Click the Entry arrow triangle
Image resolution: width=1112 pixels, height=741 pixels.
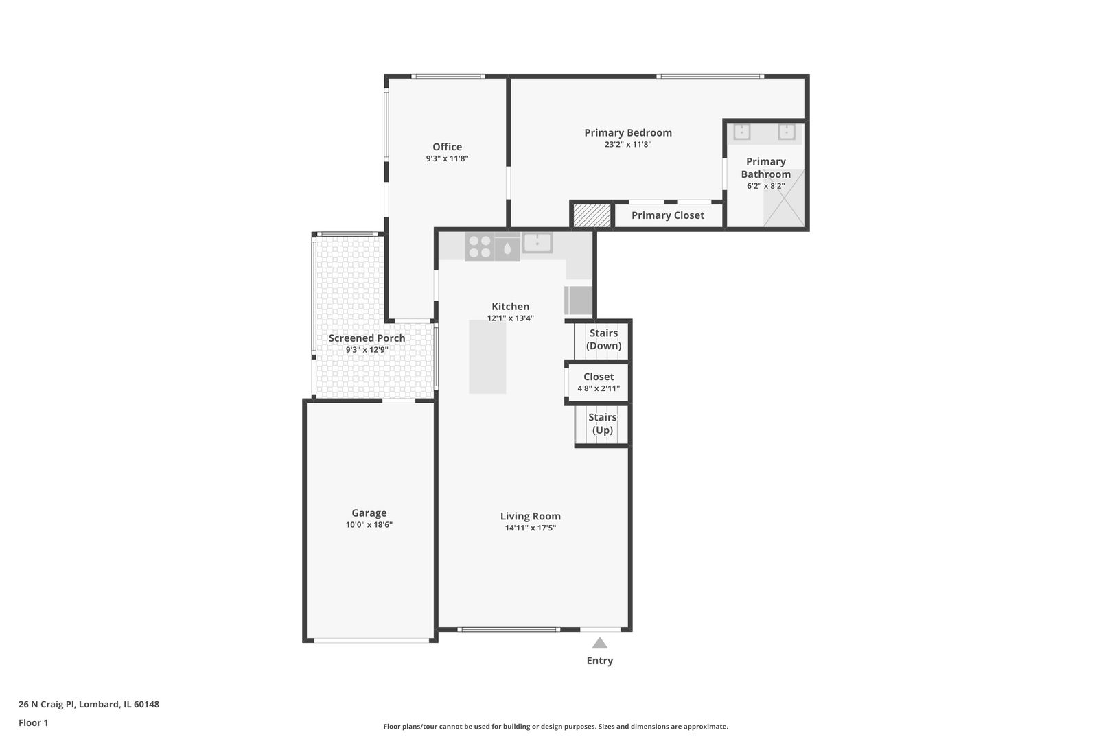click(599, 643)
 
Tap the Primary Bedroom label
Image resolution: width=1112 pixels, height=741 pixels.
click(627, 132)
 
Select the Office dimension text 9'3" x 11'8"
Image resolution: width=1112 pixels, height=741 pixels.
click(447, 158)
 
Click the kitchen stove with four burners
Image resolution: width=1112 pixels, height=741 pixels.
click(479, 247)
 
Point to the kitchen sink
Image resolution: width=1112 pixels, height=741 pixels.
click(537, 243)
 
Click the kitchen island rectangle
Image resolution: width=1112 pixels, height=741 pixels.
click(487, 357)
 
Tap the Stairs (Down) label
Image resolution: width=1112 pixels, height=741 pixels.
click(603, 339)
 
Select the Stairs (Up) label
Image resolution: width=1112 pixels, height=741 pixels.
click(602, 423)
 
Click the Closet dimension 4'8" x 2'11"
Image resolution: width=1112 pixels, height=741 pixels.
click(599, 388)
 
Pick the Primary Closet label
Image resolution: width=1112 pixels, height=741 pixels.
click(667, 215)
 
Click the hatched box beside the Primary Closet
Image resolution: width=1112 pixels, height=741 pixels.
click(592, 215)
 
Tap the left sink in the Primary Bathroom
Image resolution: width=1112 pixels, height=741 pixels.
click(741, 132)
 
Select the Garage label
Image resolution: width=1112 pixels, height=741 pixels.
click(369, 513)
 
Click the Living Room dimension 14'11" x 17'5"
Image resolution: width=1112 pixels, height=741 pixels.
click(530, 528)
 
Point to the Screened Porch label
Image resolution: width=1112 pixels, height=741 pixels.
click(367, 338)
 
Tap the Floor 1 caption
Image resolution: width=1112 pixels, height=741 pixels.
click(33, 722)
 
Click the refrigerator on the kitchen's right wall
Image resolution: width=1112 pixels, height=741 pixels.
click(579, 301)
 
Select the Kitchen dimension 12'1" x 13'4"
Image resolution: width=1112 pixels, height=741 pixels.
click(510, 318)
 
